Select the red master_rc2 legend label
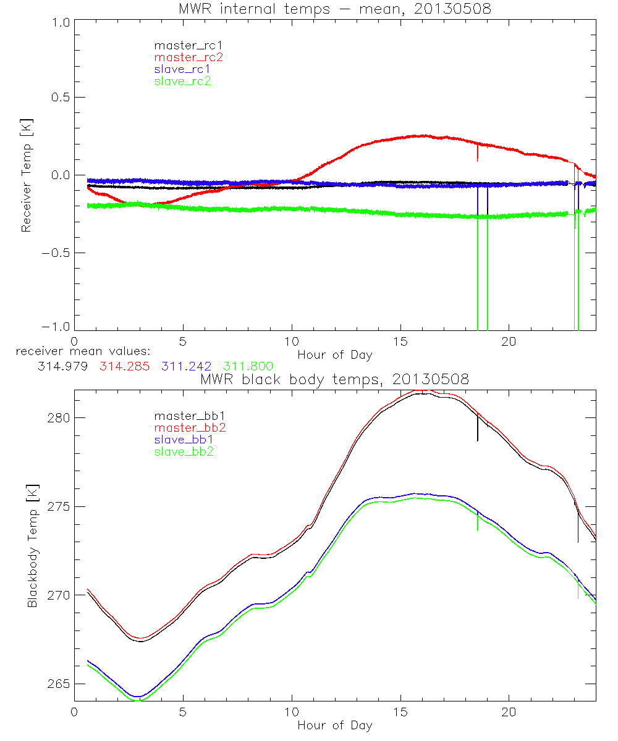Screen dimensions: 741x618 (x=188, y=57)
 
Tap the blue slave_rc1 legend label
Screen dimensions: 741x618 (x=183, y=69)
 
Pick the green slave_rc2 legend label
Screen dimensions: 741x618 (x=183, y=81)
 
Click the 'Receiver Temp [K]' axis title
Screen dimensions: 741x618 (x=26, y=175)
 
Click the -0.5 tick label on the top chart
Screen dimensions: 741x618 (x=56, y=253)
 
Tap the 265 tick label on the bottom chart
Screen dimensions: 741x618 (x=59, y=684)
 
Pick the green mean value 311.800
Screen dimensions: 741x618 (x=248, y=366)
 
